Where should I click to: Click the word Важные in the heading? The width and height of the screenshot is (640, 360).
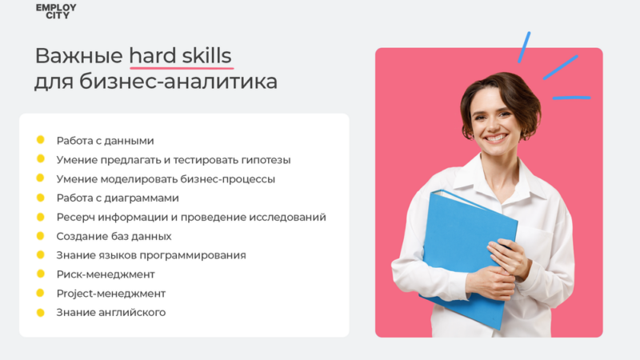[x=78, y=56]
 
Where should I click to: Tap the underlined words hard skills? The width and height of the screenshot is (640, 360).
[x=180, y=56]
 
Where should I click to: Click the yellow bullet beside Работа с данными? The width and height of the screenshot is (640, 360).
[x=40, y=140]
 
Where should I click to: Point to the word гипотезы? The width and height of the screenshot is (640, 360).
[x=264, y=160]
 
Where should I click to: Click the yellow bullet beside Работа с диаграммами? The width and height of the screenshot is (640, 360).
[x=40, y=198]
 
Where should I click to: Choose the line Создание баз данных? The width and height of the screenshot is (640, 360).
[x=114, y=236]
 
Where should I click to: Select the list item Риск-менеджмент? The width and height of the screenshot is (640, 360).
[x=106, y=274]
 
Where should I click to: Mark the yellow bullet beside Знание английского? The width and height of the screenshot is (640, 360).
[x=40, y=312]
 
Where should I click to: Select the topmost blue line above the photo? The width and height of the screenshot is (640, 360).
[x=524, y=46]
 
